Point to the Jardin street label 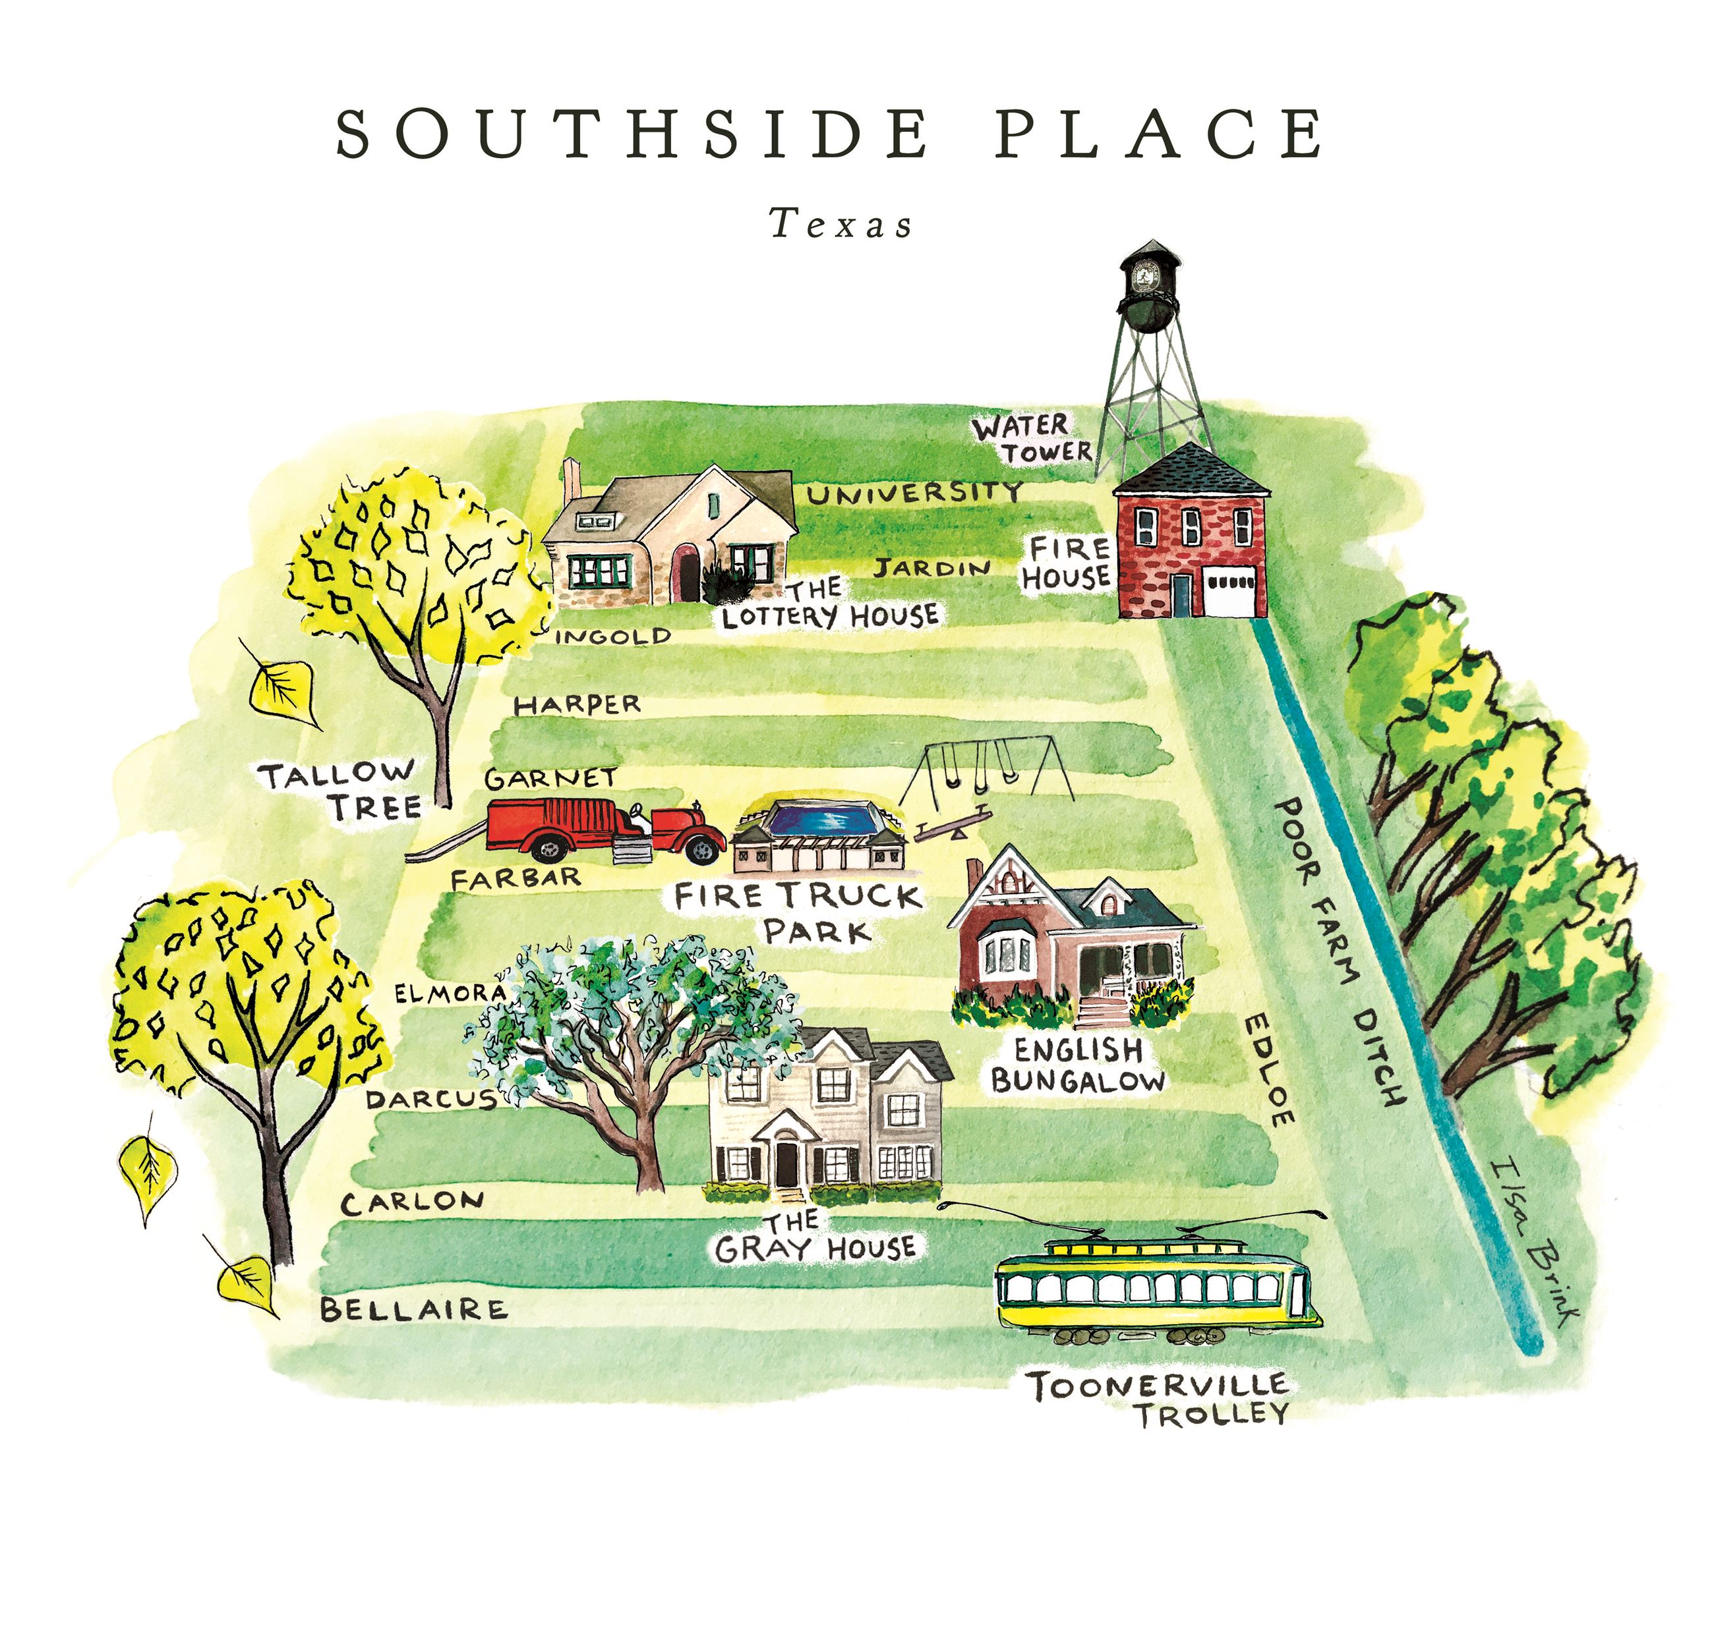932,569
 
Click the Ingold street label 612,636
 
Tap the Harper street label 577,704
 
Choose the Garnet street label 550,778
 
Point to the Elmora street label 450,993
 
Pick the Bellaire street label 413,1309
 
